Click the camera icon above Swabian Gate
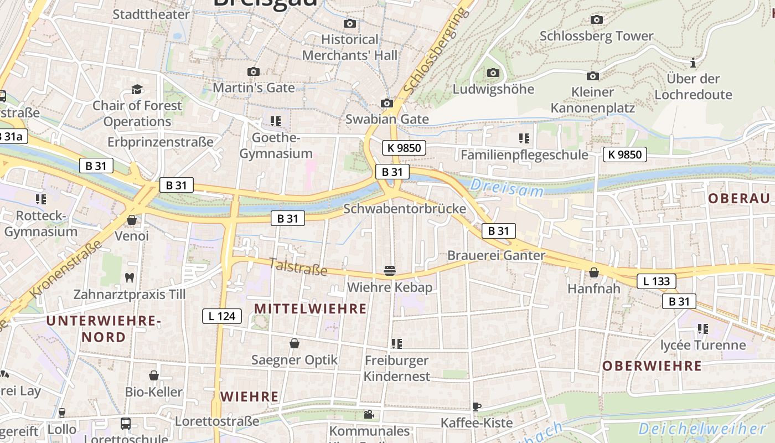(x=387, y=104)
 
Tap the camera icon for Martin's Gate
(x=254, y=72)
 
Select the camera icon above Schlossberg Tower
(x=596, y=20)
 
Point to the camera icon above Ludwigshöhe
(x=493, y=73)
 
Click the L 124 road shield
(x=222, y=316)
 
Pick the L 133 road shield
(x=657, y=281)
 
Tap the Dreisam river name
(x=507, y=188)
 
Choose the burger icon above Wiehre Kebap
(x=390, y=271)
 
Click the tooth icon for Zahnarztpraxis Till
(x=130, y=277)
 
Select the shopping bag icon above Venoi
(x=132, y=220)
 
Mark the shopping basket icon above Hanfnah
(x=594, y=272)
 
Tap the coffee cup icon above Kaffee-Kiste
(x=476, y=407)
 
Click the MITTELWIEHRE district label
(x=310, y=308)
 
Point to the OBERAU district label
(x=739, y=199)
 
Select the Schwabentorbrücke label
(x=405, y=209)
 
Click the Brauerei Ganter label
(x=496, y=256)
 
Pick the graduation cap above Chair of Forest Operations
(x=137, y=90)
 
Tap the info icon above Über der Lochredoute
(x=693, y=63)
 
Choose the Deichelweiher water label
(x=702, y=429)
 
